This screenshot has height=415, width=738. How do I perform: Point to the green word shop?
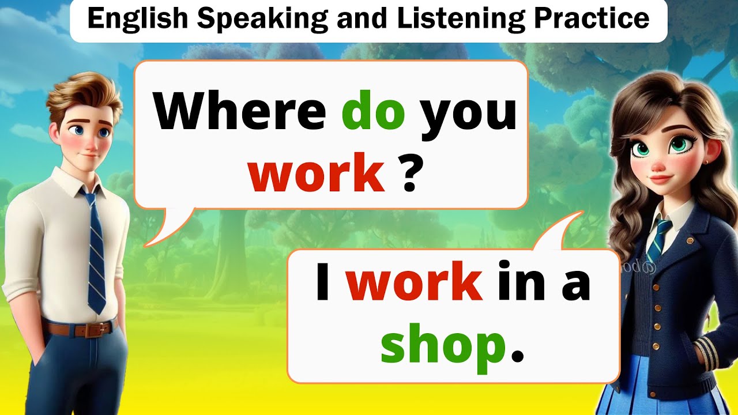point(443,346)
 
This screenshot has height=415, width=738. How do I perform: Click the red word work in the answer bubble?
point(413,284)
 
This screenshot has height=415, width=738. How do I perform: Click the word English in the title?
point(137,19)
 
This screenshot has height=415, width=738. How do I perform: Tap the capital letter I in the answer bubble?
point(323,284)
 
